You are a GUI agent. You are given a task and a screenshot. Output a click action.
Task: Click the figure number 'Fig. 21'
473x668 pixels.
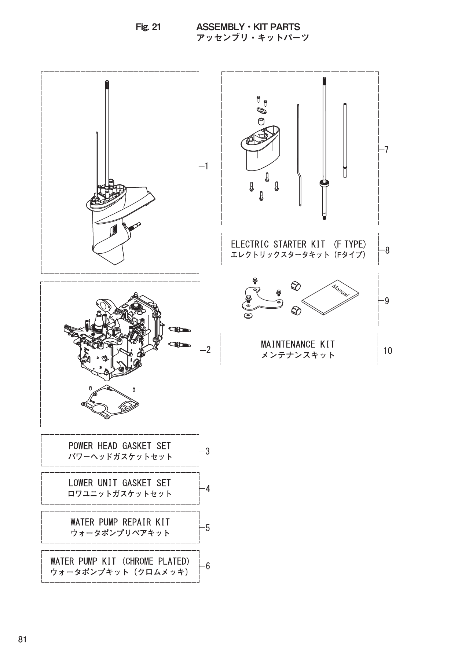coord(148,27)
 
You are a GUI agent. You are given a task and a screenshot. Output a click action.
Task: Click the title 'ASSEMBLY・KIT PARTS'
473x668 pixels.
coord(248,27)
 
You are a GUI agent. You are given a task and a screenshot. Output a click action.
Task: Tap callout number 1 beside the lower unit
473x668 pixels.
coord(207,166)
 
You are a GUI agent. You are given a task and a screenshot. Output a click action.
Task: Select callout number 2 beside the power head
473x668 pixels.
coord(208,350)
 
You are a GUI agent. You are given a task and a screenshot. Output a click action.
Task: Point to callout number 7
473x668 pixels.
coord(386,150)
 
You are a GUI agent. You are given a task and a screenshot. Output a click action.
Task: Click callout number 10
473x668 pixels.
coord(388,351)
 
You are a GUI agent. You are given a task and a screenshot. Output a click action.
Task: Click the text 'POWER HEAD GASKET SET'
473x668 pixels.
coord(120,446)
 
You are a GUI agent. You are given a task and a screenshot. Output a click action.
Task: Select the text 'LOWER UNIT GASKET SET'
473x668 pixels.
coord(120,483)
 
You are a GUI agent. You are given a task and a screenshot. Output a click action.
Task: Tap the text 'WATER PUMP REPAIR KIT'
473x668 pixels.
coord(120,522)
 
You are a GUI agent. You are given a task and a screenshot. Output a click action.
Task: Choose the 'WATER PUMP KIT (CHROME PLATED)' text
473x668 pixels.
coord(120,561)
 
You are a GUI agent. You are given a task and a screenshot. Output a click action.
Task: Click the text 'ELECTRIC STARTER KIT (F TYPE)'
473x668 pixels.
coord(298,244)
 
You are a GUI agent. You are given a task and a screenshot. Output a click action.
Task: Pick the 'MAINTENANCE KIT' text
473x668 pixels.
coord(298,344)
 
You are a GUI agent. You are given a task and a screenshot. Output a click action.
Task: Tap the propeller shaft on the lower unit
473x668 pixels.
coord(134,226)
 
